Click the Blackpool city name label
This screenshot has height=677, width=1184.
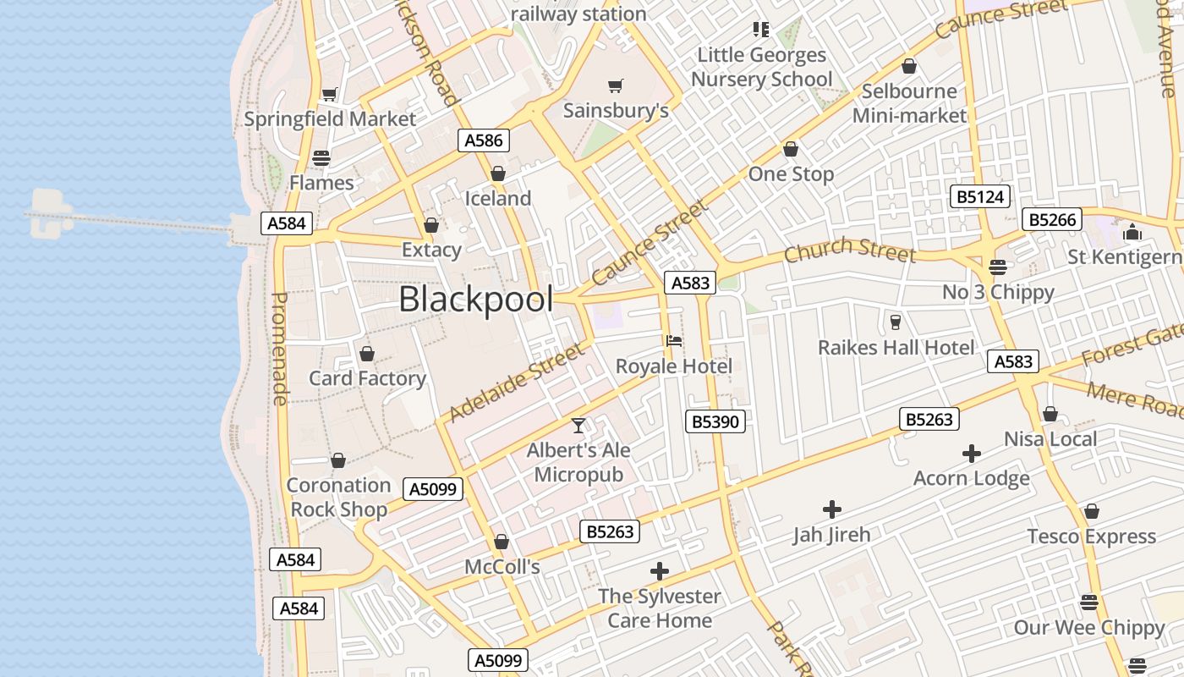(x=476, y=300)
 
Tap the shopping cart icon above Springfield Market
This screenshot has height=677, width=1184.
(x=330, y=95)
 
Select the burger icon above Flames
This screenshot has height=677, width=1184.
(x=321, y=157)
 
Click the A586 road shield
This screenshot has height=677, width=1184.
(x=484, y=140)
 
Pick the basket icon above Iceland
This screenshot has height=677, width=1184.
(x=498, y=173)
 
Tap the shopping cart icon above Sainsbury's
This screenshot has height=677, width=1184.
(x=616, y=85)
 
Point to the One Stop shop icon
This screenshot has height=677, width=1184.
(x=791, y=150)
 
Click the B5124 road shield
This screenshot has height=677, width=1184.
(x=980, y=197)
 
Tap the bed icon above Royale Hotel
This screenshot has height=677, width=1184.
(x=674, y=341)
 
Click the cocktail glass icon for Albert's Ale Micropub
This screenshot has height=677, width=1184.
(x=578, y=425)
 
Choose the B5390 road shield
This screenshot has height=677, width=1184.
(x=715, y=421)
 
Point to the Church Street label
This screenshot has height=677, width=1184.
(x=849, y=250)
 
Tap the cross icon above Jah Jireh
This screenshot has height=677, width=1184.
(x=832, y=509)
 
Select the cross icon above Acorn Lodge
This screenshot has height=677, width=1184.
(x=972, y=454)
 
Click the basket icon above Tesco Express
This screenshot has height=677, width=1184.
(x=1092, y=512)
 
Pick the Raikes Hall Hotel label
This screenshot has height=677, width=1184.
(x=896, y=347)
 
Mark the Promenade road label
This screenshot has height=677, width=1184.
(x=280, y=348)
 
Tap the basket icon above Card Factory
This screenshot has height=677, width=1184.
(x=367, y=354)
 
